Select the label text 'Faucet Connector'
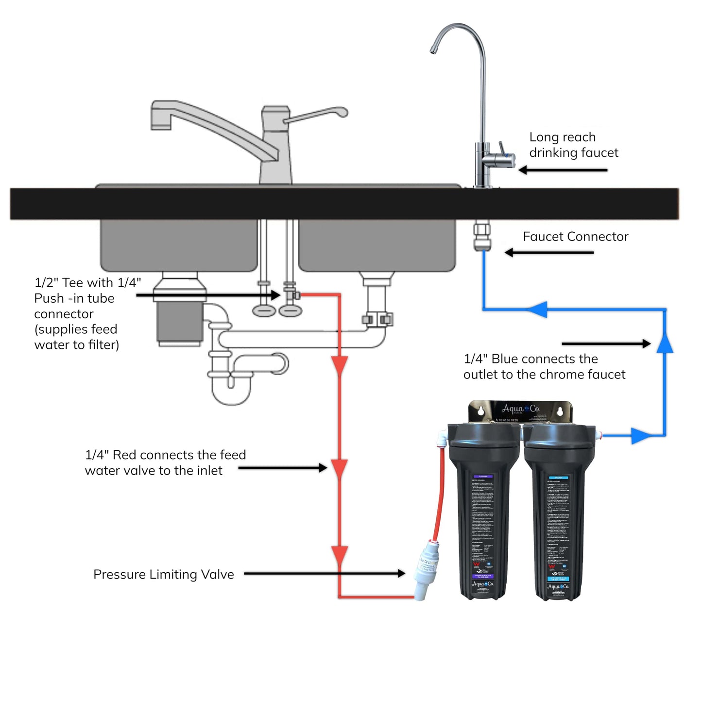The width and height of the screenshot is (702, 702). pos(575,237)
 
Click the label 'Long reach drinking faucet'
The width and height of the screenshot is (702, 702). pos(573,145)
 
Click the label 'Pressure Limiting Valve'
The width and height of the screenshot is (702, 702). pos(163,574)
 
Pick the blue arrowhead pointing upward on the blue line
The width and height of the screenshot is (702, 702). pos(665,342)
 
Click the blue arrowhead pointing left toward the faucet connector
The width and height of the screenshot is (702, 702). pos(537,309)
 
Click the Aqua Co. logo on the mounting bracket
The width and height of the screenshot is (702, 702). pos(520,409)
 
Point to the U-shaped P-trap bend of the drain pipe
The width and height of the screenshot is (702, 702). pos(231,391)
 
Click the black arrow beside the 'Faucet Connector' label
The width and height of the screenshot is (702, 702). pos(549,253)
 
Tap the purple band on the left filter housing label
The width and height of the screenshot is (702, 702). pos(483,477)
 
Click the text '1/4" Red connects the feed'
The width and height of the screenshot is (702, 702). pos(165,455)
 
